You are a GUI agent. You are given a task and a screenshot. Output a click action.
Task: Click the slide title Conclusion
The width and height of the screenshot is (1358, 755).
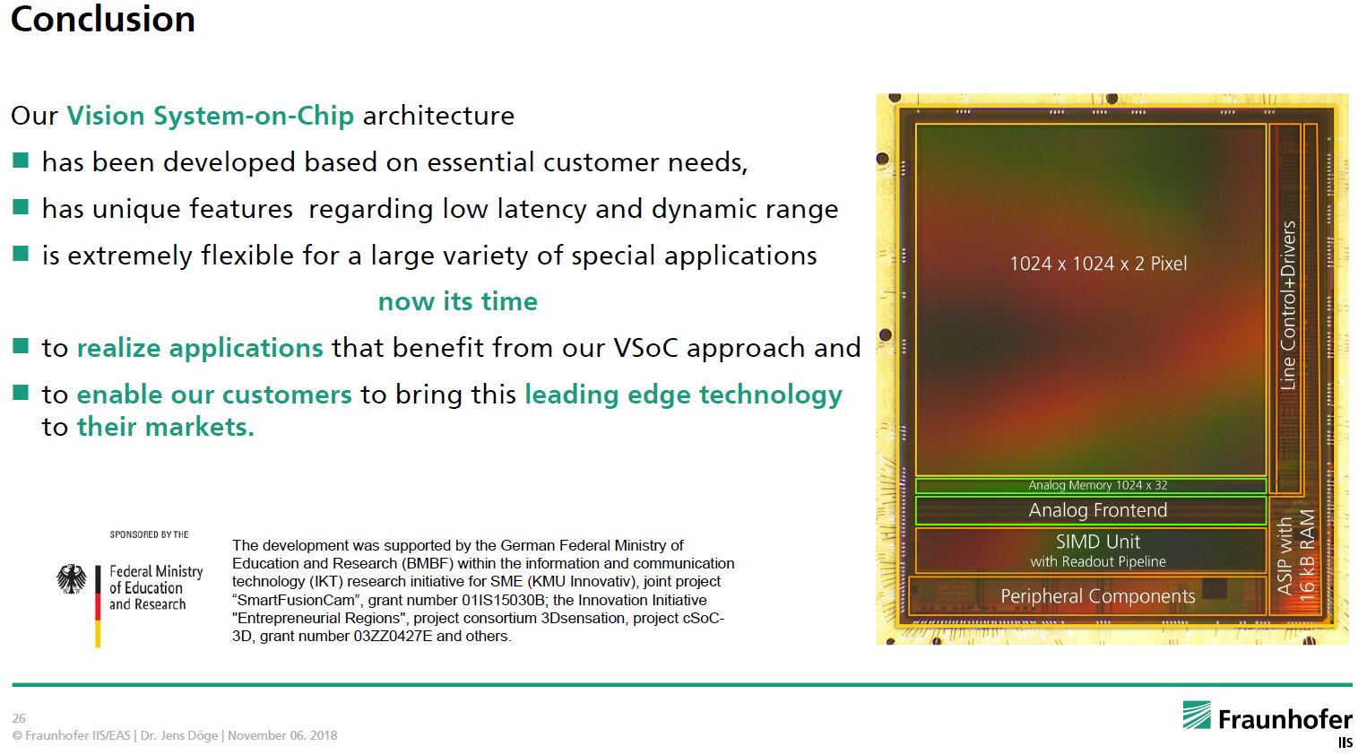coord(103,20)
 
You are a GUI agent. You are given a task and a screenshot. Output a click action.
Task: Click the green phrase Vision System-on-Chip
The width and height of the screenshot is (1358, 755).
coord(210,116)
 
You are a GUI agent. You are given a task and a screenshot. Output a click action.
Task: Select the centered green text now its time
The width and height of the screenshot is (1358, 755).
coord(457,301)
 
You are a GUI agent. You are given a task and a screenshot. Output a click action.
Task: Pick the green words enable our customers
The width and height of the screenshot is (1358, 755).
coord(214,395)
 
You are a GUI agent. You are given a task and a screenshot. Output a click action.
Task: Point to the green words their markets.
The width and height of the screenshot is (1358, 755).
coord(165,427)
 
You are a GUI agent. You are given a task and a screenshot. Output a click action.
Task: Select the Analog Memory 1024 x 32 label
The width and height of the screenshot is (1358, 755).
coord(1097,485)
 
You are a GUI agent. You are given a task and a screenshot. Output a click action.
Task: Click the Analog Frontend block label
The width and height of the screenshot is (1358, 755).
coord(1097,510)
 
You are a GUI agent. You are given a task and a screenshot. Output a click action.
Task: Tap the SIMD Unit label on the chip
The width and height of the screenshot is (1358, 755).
coord(1097,542)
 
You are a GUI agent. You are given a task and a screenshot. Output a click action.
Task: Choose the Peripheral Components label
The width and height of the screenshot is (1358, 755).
coord(1097,596)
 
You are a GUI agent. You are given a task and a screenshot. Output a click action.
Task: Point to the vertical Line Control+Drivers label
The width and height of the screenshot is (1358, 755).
coord(1288,305)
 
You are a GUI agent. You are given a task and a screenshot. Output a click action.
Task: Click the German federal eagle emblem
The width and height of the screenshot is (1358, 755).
coord(72,579)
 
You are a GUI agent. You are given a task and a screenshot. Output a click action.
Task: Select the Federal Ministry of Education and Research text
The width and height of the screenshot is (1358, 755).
coord(156,588)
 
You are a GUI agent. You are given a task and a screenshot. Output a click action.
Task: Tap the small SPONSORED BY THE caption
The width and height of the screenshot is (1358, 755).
coord(149,534)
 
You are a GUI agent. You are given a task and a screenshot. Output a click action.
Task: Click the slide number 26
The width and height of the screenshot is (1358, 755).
coord(19,718)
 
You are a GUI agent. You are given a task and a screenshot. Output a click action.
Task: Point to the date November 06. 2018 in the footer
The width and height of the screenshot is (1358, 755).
coord(282,735)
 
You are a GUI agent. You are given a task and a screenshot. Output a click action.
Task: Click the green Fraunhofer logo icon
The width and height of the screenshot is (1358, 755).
coord(1196,716)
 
